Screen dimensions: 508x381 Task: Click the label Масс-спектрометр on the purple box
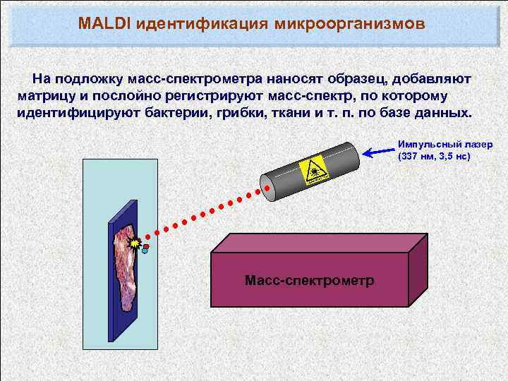point(309,281)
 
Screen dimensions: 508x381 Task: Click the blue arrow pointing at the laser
point(377,150)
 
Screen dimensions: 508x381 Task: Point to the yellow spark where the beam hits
point(135,243)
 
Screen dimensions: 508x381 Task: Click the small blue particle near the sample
point(145,250)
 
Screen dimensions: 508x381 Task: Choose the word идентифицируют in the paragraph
point(75,113)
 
